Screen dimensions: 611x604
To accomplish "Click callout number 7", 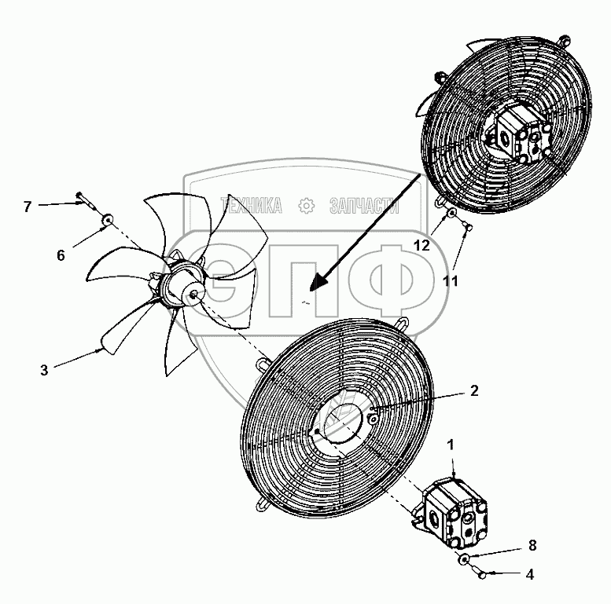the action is click(27, 207).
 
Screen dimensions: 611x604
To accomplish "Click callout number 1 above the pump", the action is click(451, 444).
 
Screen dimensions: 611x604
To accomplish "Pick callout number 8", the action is click(533, 544).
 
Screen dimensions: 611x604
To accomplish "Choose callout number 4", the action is click(530, 574).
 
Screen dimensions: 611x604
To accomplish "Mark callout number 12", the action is click(422, 245).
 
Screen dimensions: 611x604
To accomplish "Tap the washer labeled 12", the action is click(451, 214).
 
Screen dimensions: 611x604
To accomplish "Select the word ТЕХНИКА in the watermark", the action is click(254, 207).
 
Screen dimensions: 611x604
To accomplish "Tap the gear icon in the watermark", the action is click(306, 207).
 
